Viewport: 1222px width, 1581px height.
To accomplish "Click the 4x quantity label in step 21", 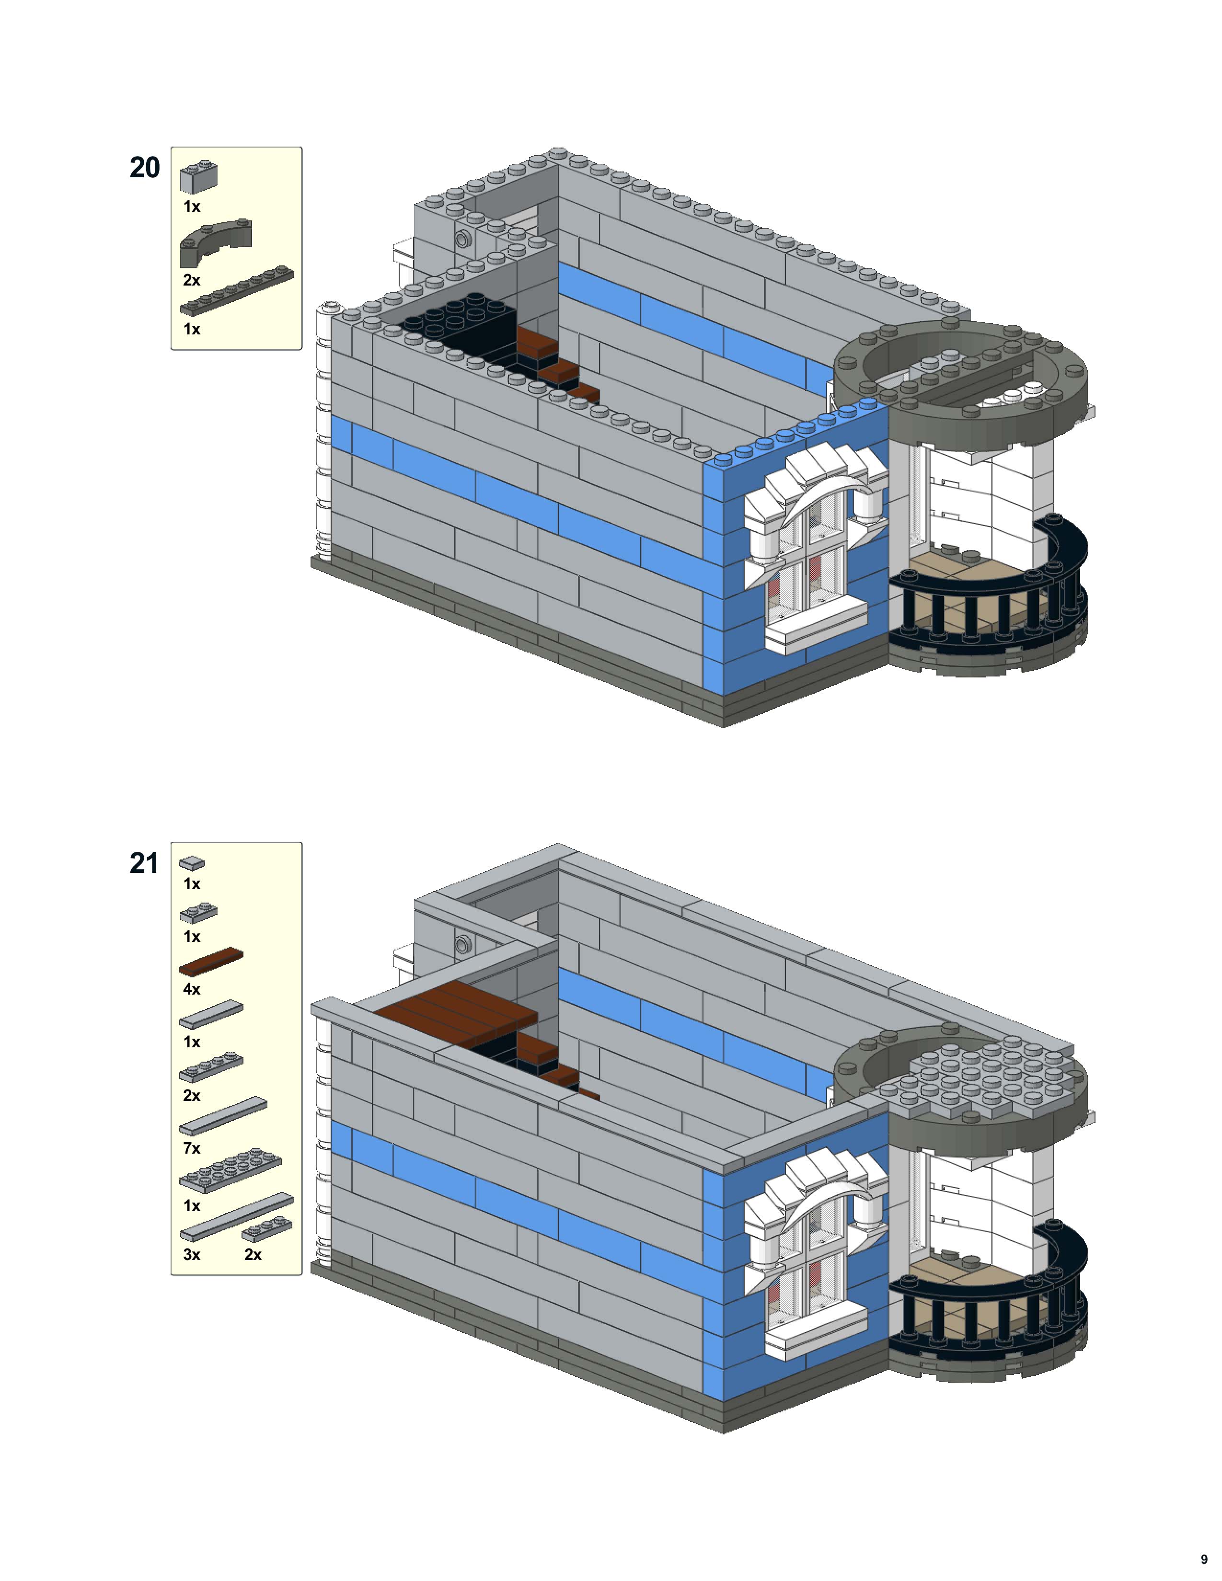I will (191, 989).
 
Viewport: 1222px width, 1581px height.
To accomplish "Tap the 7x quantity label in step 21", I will (191, 1148).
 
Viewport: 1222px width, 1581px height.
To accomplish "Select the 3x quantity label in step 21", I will (191, 1255).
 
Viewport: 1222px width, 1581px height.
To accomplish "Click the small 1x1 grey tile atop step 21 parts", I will (192, 863).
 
